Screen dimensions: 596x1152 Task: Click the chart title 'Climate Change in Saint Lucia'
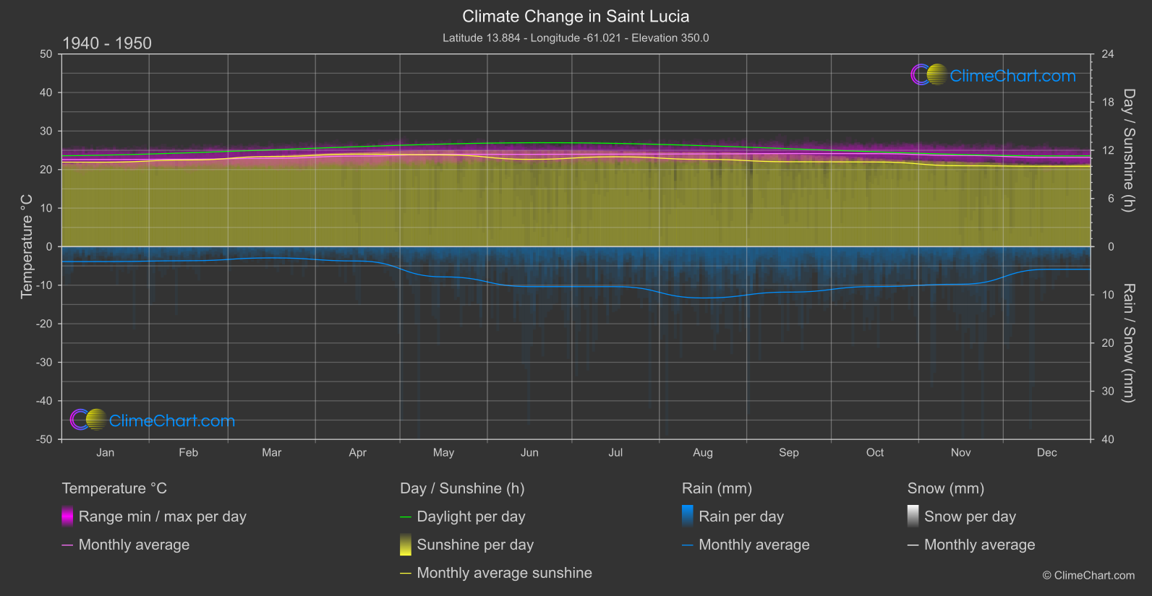point(576,17)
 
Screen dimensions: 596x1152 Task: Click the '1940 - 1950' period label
point(107,43)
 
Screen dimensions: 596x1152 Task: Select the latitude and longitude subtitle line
point(576,38)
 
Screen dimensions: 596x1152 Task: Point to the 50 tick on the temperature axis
point(46,54)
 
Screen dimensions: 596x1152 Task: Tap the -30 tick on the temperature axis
point(44,363)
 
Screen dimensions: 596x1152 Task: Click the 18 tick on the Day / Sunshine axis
point(1108,103)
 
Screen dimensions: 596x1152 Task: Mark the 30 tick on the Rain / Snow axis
point(1108,392)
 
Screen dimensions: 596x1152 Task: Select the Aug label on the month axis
point(702,453)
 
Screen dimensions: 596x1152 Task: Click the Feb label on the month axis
point(188,453)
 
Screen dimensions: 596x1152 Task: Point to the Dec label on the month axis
point(1046,453)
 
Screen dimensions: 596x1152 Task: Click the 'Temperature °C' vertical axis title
point(27,246)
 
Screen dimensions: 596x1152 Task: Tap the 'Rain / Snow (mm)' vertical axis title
point(1128,343)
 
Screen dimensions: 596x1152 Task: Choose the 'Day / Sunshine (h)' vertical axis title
point(1128,150)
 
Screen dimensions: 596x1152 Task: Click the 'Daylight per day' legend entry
point(471,517)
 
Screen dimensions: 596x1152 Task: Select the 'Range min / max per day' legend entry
point(162,517)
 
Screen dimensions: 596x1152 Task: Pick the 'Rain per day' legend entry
point(741,517)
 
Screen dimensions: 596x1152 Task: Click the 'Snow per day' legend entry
point(970,517)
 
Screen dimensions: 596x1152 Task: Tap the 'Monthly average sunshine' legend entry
point(504,573)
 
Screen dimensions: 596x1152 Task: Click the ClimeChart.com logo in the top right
point(994,75)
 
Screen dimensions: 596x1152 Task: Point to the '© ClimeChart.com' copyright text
point(1088,576)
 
